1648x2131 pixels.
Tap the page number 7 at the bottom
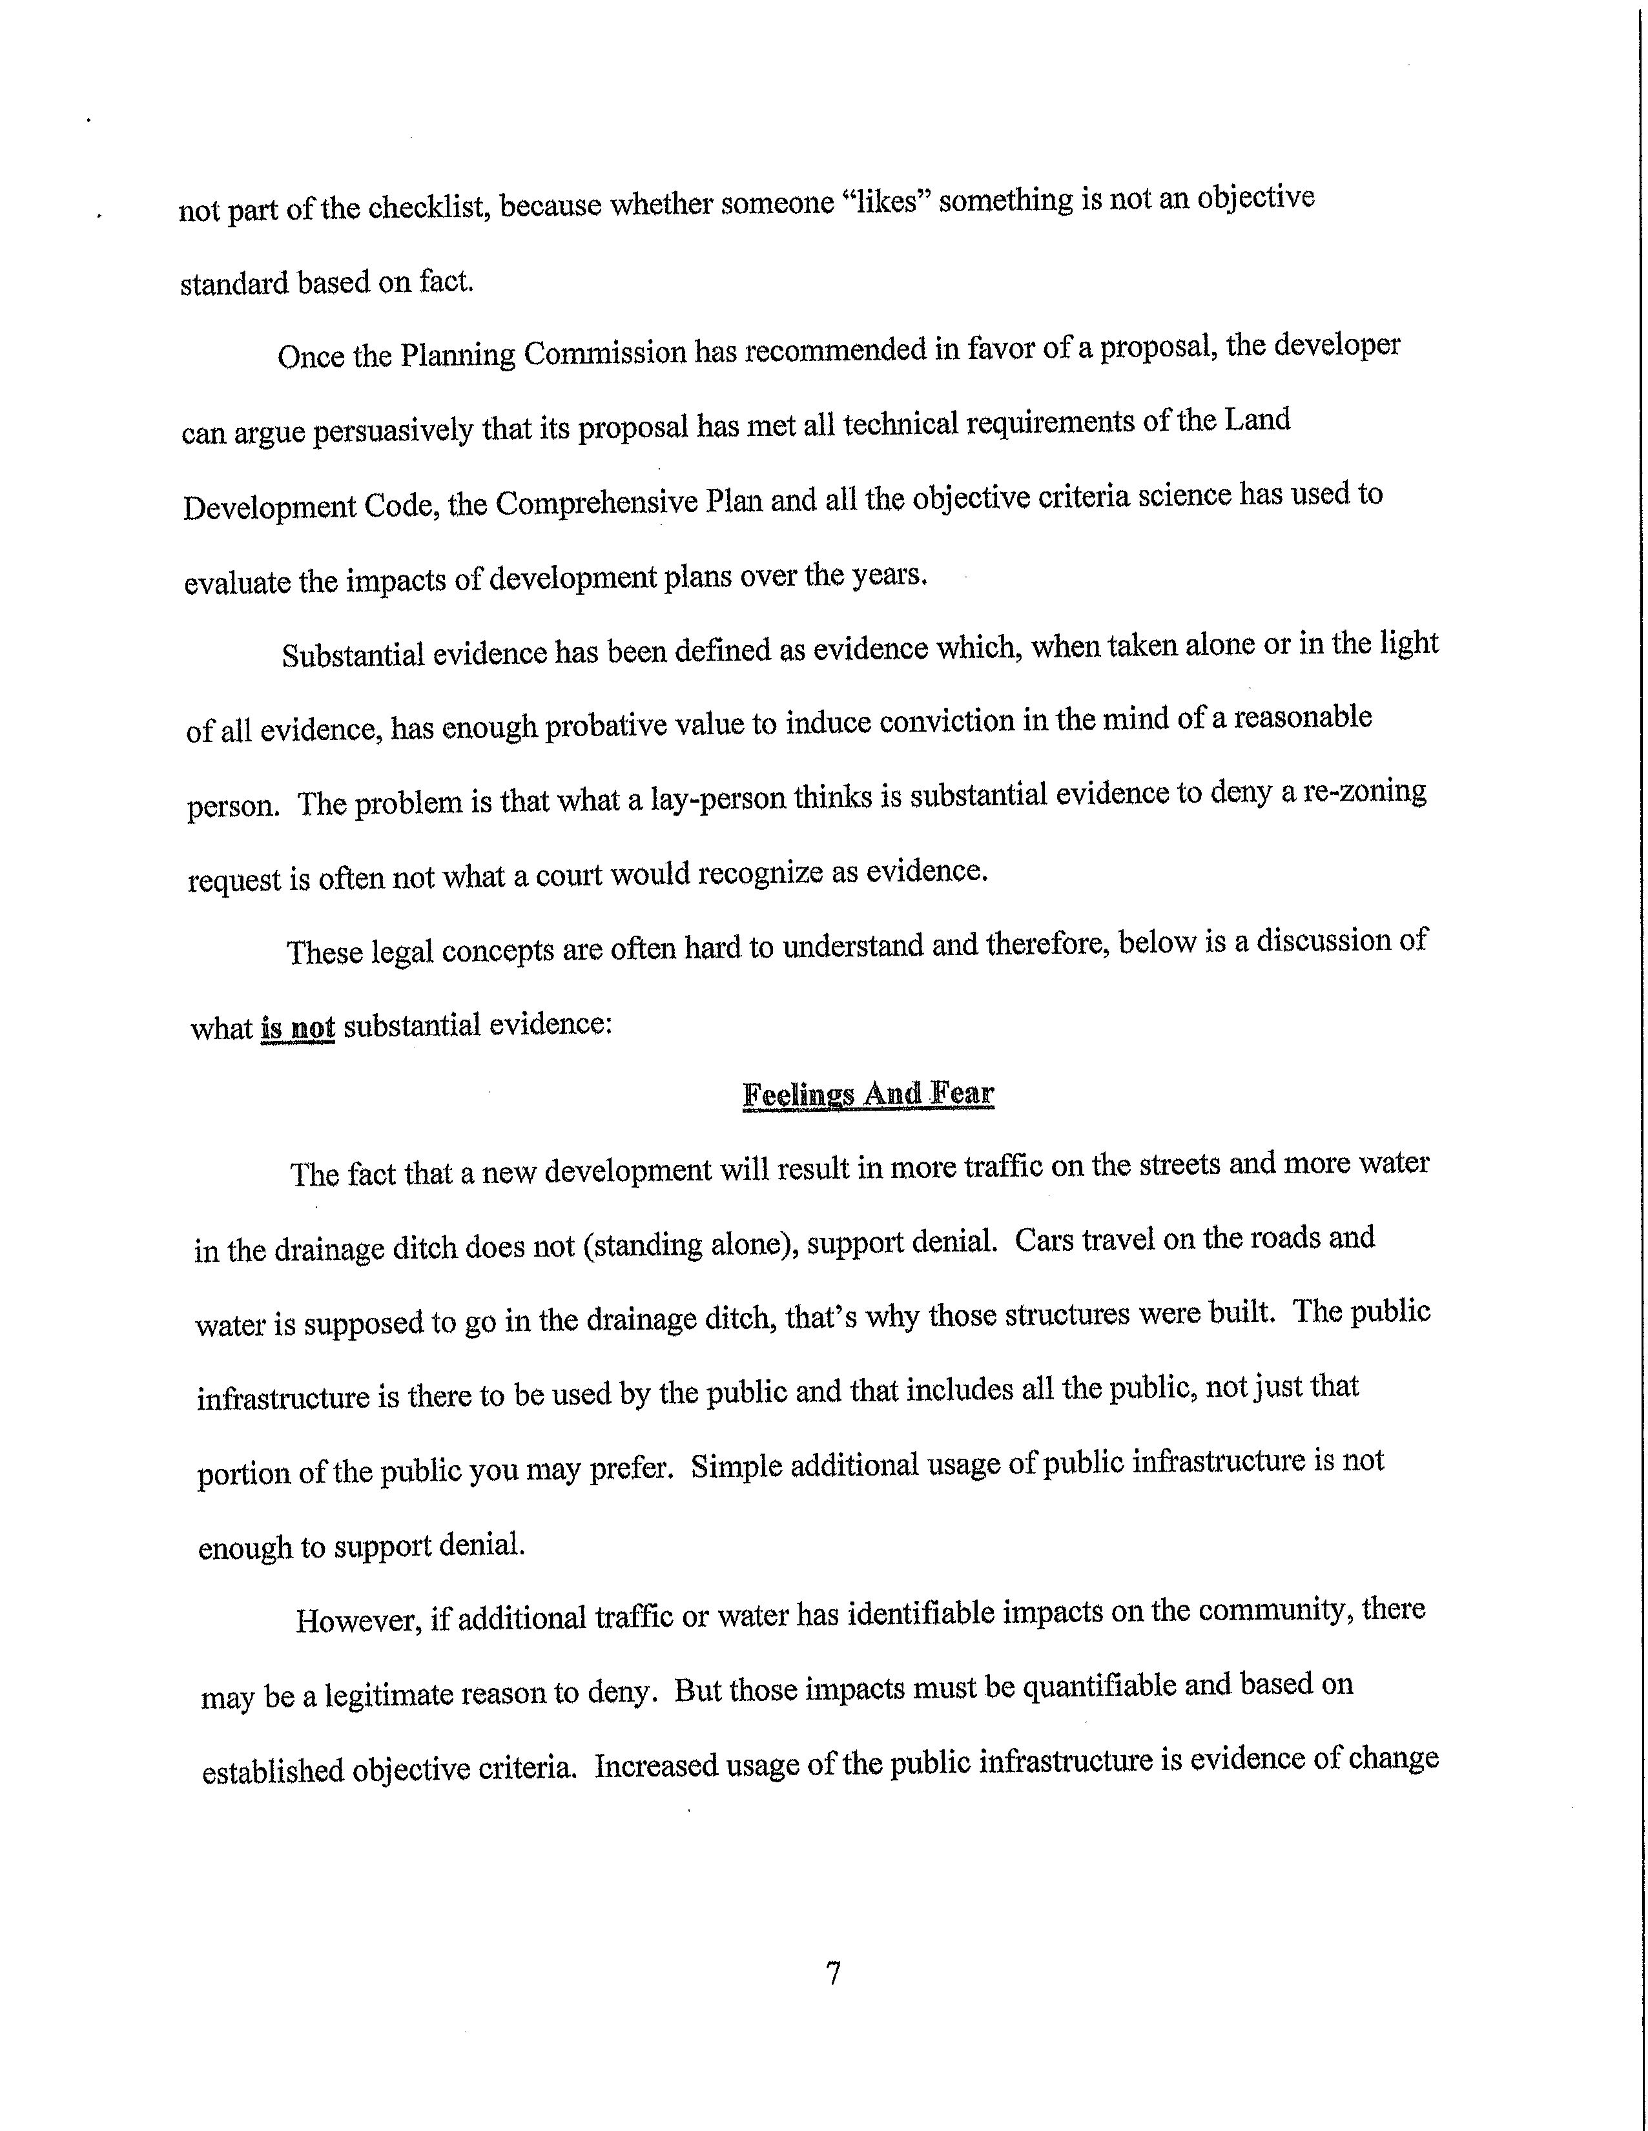tap(833, 1974)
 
